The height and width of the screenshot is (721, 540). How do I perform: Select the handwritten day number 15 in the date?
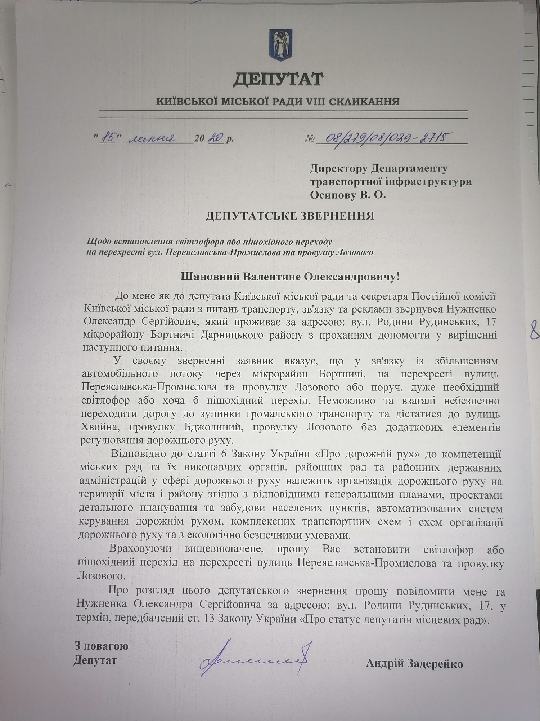point(107,138)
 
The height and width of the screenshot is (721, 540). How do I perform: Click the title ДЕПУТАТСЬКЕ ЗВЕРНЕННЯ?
point(290,216)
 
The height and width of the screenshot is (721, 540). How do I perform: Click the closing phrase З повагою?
point(102,645)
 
